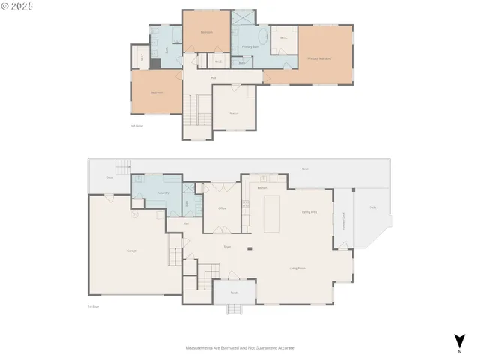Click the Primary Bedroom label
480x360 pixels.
point(319,58)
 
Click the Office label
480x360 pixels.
point(223,208)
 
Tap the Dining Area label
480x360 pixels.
point(309,213)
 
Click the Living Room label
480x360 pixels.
point(298,268)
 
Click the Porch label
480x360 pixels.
point(234,292)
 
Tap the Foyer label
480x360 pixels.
point(226,247)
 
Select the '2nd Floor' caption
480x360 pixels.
point(136,126)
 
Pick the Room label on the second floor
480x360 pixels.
point(234,114)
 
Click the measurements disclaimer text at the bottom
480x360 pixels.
point(240,348)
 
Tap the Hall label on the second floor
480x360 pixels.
point(214,78)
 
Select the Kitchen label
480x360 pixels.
point(262,187)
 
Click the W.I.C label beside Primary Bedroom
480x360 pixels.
point(283,37)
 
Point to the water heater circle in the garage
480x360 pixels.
point(134,214)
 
